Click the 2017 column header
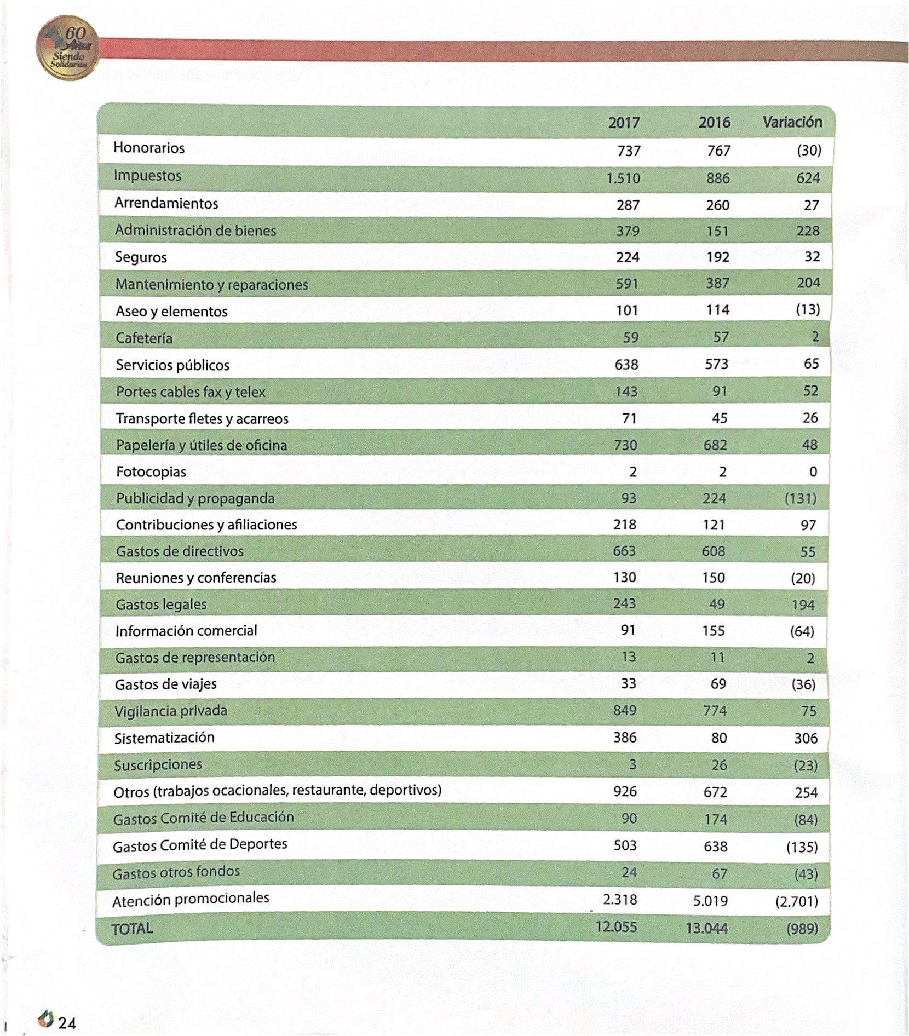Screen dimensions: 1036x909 [624, 122]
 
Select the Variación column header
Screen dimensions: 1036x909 [792, 122]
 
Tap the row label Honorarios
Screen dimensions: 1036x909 [149, 148]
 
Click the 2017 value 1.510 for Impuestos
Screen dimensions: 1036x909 [623, 179]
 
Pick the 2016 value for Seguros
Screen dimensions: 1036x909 [717, 257]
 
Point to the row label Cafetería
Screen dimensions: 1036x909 [144, 338]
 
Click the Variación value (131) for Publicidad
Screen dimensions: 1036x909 [800, 499]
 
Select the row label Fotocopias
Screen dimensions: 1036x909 [151, 472]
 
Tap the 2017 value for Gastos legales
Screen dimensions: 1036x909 [624, 603]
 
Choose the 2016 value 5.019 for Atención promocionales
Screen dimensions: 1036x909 [710, 901]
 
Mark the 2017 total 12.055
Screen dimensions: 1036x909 [616, 926]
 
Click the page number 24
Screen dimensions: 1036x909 [67, 1023]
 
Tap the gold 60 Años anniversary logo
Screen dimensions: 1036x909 [67, 48]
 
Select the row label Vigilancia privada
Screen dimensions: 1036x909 [170, 711]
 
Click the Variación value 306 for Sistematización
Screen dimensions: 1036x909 [806, 738]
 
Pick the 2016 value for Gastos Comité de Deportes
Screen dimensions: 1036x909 [715, 847]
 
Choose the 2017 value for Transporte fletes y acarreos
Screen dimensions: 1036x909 [629, 418]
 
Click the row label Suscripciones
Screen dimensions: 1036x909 [158, 765]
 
